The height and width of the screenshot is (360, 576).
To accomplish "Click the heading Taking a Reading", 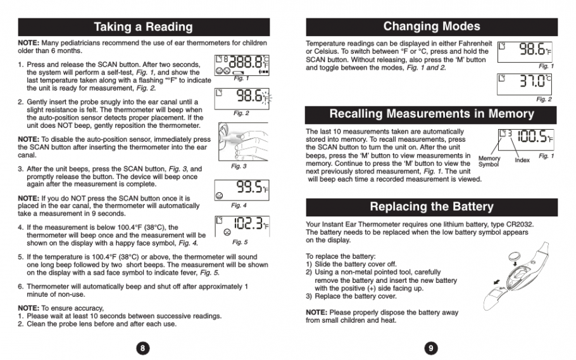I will (143, 27).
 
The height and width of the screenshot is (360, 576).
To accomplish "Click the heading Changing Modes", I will (432, 27).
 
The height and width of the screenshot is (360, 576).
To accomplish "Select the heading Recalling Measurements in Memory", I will (432, 115).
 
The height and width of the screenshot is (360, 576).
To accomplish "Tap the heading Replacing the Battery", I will (432, 207).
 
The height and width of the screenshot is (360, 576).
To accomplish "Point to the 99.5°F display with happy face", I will (241, 188).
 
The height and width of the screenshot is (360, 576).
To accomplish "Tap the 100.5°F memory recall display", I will (525, 137).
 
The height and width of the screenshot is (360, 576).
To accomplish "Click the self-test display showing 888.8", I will (241, 64).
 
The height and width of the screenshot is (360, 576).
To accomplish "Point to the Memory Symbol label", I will (489, 162).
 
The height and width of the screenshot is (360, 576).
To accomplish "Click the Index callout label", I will (522, 160).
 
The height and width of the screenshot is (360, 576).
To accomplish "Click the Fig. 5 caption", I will (241, 242).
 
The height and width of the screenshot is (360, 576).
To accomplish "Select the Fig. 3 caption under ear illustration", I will (239, 166).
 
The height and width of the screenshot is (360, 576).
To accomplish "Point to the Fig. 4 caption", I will (239, 205).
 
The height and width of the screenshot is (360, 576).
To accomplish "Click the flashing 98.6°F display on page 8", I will (241, 97).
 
